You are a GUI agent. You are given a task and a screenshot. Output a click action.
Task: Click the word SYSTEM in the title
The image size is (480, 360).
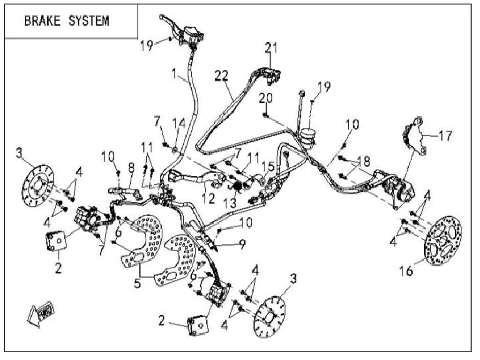coord(88,21)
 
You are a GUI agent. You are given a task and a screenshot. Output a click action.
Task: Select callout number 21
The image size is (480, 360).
coord(271,47)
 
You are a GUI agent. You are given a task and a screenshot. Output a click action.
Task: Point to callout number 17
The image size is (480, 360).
coord(445,136)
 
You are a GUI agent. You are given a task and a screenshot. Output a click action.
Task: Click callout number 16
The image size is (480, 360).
coord(406,270)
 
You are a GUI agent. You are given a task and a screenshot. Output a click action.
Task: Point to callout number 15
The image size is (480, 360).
coord(268,166)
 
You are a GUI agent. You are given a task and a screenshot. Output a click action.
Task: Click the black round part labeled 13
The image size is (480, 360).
coord(237,186)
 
